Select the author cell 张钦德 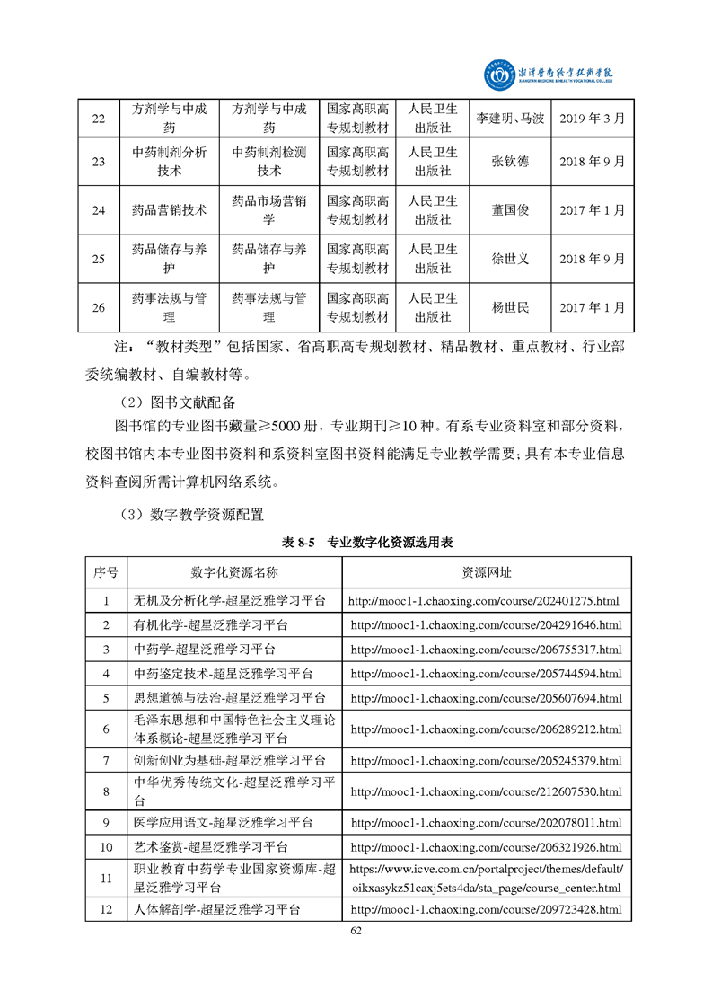pyautogui.click(x=510, y=162)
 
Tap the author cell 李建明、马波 pyautogui.click(x=509, y=118)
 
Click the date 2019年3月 pyautogui.click(x=593, y=118)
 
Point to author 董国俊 pyautogui.click(x=510, y=210)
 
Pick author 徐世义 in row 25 pyautogui.click(x=510, y=259)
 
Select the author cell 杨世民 pyautogui.click(x=510, y=307)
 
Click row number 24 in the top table pyautogui.click(x=99, y=210)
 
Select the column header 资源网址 pyautogui.click(x=487, y=572)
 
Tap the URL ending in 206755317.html pyautogui.click(x=486, y=649)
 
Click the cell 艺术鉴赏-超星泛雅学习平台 pyautogui.click(x=211, y=847)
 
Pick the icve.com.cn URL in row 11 pyautogui.click(x=485, y=879)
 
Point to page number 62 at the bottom pyautogui.click(x=356, y=930)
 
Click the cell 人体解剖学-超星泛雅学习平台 pyautogui.click(x=216, y=910)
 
